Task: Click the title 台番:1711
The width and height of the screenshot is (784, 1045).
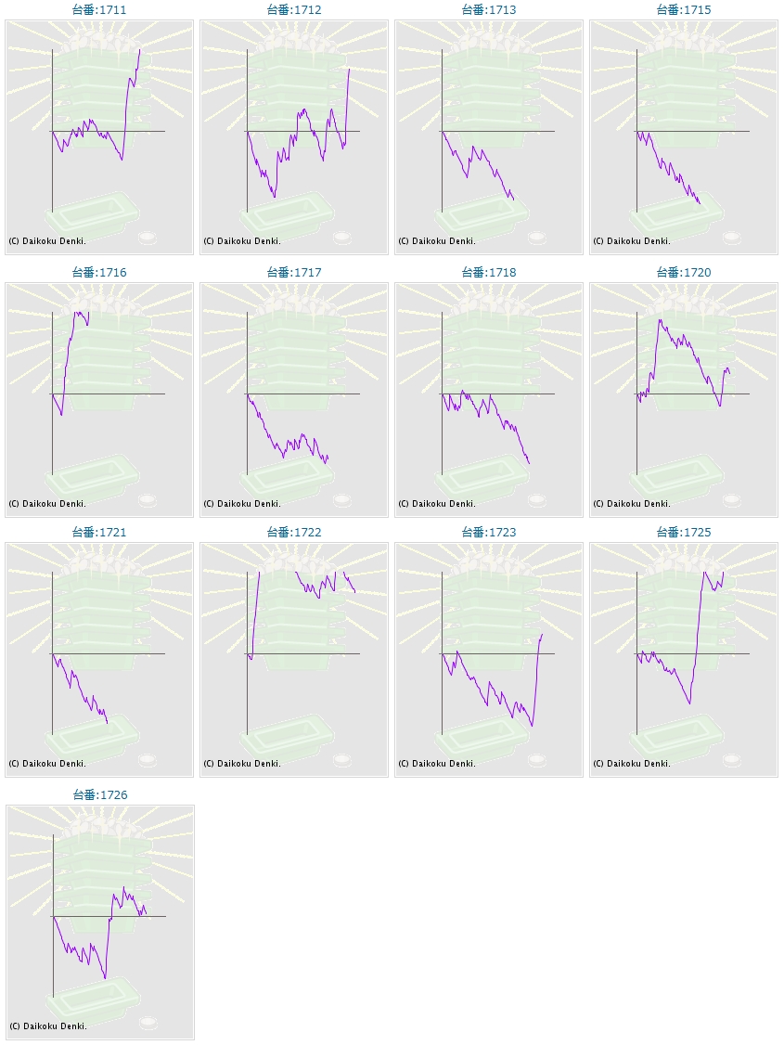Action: (x=99, y=10)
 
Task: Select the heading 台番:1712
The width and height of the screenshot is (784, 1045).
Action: (x=294, y=10)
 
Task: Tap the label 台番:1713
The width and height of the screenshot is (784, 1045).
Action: (x=489, y=10)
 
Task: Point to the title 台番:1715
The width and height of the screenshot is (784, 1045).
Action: (x=684, y=10)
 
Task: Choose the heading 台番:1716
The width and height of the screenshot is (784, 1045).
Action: (x=99, y=273)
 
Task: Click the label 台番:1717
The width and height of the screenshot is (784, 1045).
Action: (x=294, y=273)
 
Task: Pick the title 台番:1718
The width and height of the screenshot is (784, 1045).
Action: (x=489, y=273)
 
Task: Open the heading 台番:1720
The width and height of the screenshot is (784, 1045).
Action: (x=684, y=273)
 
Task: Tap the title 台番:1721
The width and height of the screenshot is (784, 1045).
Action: (x=99, y=533)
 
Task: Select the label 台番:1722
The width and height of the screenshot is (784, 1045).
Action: (x=294, y=533)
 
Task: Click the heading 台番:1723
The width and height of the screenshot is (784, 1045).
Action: (x=489, y=533)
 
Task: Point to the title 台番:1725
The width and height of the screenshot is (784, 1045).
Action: (x=684, y=533)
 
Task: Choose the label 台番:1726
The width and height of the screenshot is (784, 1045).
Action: (x=100, y=795)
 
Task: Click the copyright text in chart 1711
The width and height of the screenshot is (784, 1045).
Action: (x=47, y=241)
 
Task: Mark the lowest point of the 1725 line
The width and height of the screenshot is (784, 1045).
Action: (x=689, y=703)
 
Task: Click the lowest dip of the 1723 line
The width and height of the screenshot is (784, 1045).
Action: (x=532, y=726)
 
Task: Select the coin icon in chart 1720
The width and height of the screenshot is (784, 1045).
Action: (x=732, y=500)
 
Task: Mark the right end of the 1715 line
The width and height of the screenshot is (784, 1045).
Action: (x=700, y=204)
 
